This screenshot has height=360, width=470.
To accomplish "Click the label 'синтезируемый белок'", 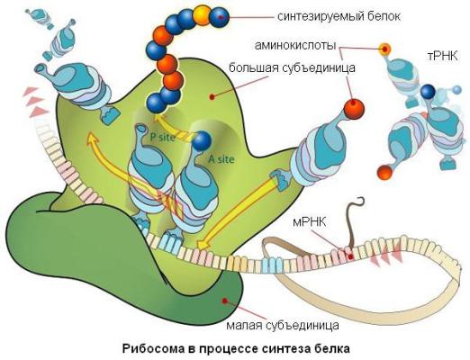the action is pyautogui.click(x=339, y=16).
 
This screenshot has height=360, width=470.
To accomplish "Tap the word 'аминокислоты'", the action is pyautogui.click(x=295, y=46).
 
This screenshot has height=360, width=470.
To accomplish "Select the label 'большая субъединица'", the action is pyautogui.click(x=292, y=67).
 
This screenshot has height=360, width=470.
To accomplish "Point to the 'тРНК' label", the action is pyautogui.click(x=443, y=56).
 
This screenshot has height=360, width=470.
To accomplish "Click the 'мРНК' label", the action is pyautogui.click(x=309, y=222).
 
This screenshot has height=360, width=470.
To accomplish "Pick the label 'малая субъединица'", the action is pyautogui.click(x=283, y=325).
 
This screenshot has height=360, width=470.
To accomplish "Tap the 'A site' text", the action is pyautogui.click(x=221, y=159).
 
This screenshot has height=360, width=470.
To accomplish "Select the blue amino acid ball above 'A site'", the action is pyautogui.click(x=202, y=140).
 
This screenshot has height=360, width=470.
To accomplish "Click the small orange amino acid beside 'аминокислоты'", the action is pyautogui.click(x=384, y=49).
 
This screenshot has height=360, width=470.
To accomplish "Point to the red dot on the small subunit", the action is pyautogui.click(x=224, y=301).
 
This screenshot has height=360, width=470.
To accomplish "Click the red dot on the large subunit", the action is pyautogui.click(x=212, y=96).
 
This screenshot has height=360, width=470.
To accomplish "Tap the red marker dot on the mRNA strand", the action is pyautogui.click(x=350, y=256).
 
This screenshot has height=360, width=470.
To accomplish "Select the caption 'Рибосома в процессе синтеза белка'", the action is pyautogui.click(x=236, y=349).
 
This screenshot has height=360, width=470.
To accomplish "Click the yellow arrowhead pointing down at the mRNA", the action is pyautogui.click(x=202, y=244).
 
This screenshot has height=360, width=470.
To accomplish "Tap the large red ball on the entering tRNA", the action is pyautogui.click(x=354, y=108).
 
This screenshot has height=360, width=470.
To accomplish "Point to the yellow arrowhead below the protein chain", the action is pyautogui.click(x=158, y=120).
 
